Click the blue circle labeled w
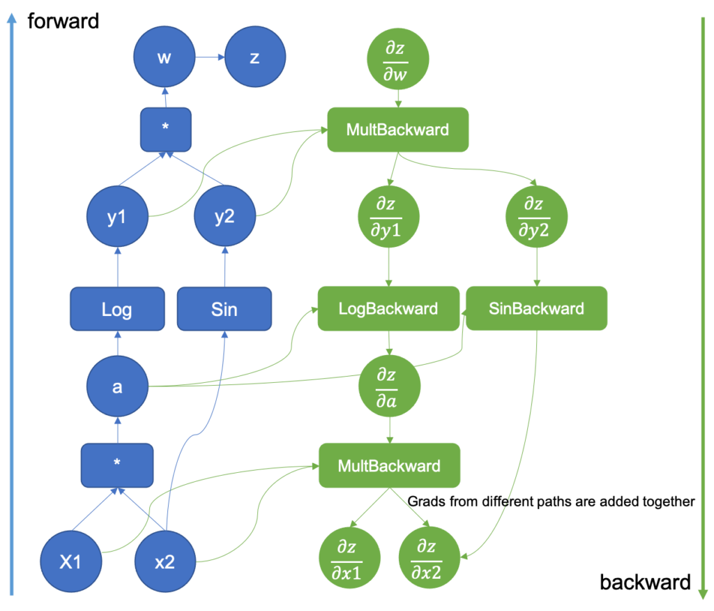click(x=165, y=56)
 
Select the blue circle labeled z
click(x=255, y=56)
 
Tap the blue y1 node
click(x=117, y=216)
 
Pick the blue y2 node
click(x=225, y=216)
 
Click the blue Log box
click(x=117, y=309)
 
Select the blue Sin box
click(x=225, y=309)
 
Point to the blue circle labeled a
click(x=117, y=386)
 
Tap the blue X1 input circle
click(x=71, y=561)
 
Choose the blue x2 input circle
click(x=165, y=561)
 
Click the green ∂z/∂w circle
click(x=398, y=59)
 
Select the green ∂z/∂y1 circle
click(x=388, y=217)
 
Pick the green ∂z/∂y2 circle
click(x=536, y=217)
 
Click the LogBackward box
click(x=388, y=308)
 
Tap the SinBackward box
click(x=536, y=308)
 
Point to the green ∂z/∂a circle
click(x=389, y=386)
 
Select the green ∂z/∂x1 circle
click(x=350, y=558)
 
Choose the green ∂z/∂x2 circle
click(x=430, y=558)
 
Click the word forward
click(x=63, y=21)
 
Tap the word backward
click(x=645, y=582)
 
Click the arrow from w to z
click(x=210, y=57)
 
